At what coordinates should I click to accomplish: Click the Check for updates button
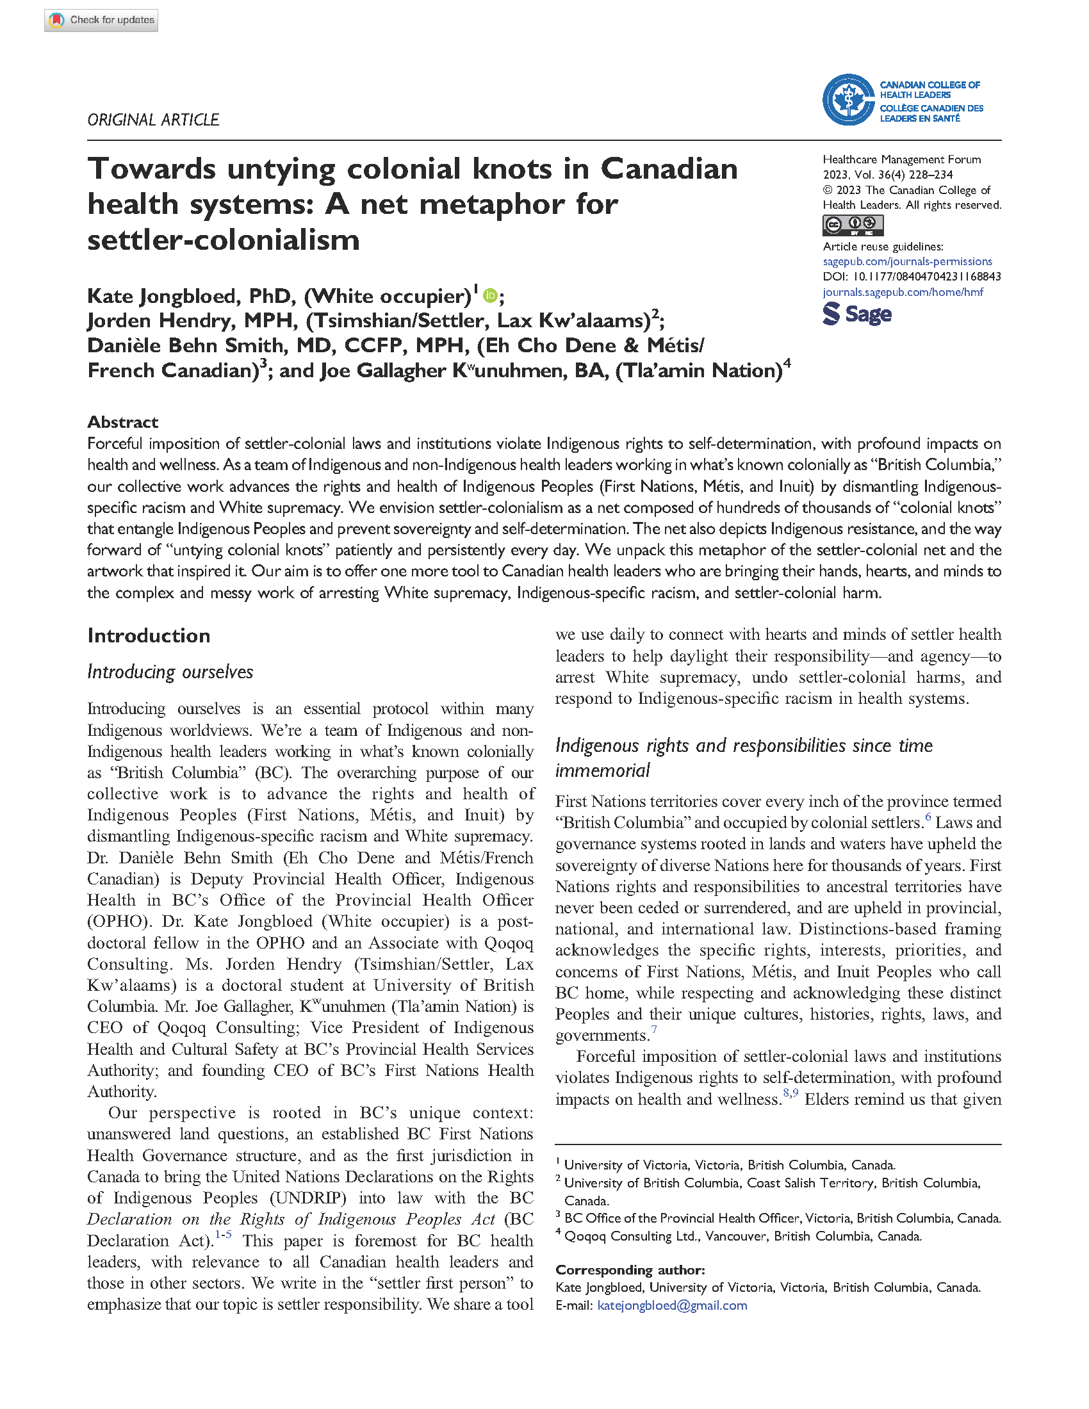point(101,20)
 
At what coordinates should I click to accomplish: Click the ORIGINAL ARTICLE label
point(153,120)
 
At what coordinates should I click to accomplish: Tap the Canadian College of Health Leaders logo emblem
point(847,100)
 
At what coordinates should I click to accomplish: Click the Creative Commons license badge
point(852,225)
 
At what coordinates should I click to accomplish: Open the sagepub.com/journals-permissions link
point(907,261)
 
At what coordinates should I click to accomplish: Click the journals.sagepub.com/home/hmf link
point(903,292)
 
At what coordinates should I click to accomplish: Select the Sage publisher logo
point(856,314)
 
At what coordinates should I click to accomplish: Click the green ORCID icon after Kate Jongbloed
point(489,296)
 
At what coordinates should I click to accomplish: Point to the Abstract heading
point(122,422)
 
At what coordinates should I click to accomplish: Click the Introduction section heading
point(149,635)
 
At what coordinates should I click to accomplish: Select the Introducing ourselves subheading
point(170,672)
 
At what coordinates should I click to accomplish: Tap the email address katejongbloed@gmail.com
point(671,1305)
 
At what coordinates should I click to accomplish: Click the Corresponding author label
point(630,1269)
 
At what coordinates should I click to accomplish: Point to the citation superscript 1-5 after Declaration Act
point(223,1234)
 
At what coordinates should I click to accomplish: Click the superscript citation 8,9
point(790,1092)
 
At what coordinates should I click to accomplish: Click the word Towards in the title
point(152,169)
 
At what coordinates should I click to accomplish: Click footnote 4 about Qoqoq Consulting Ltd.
point(742,1236)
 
